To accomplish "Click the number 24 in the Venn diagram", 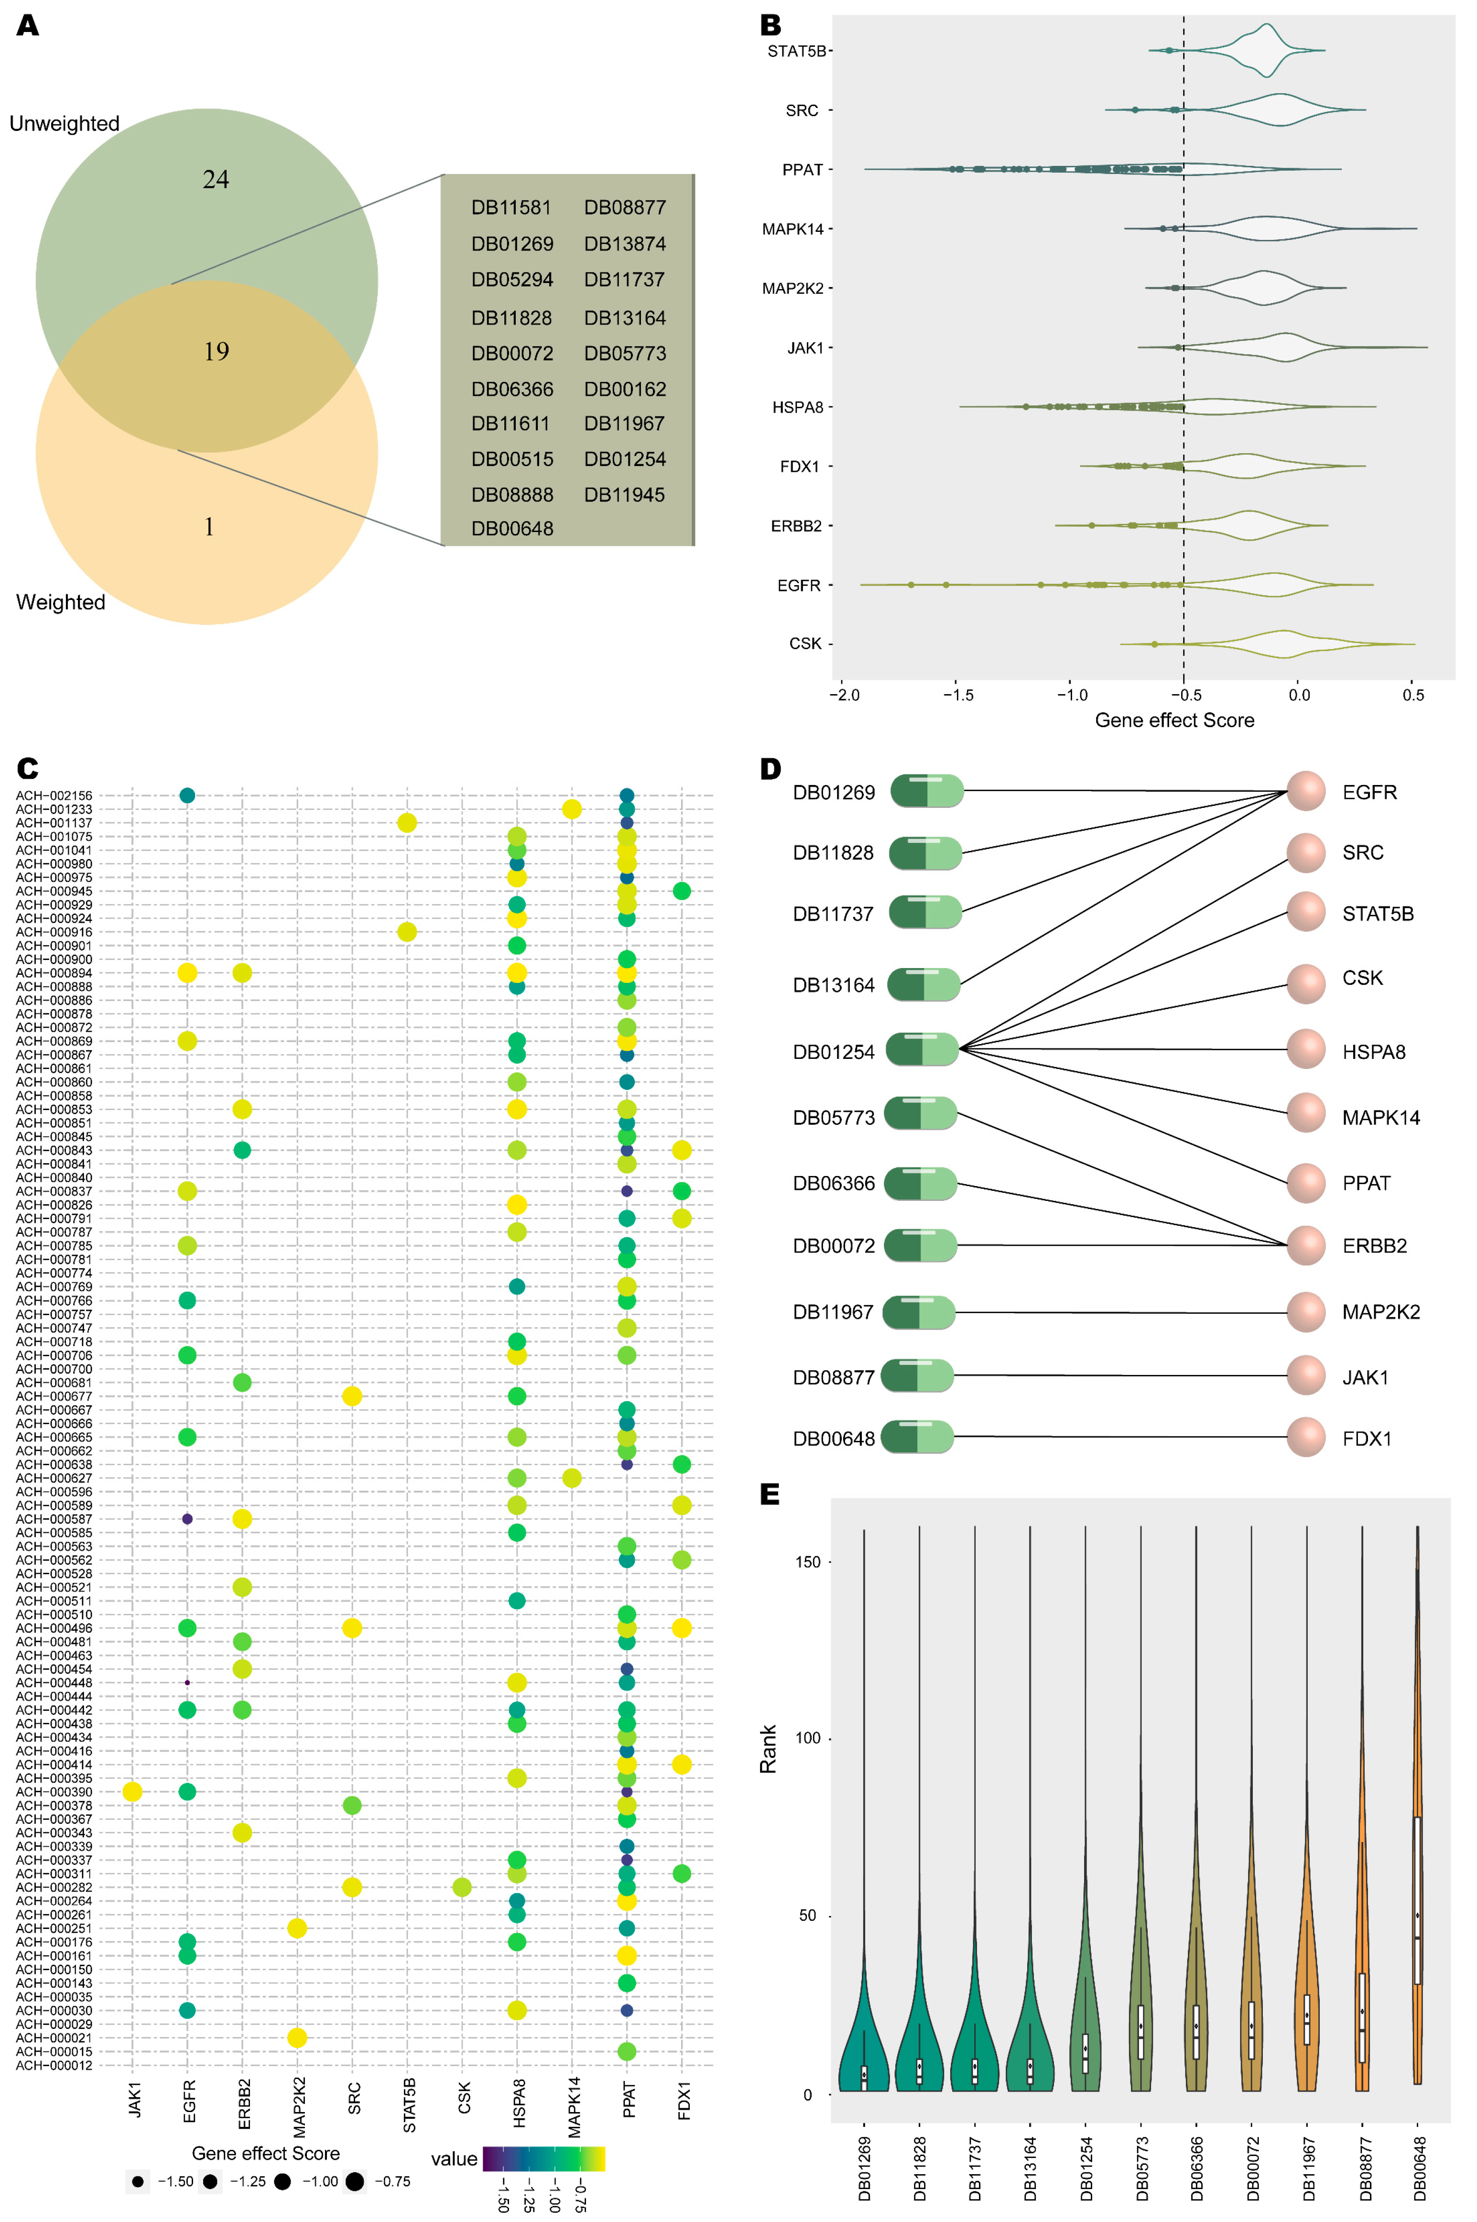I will click(x=216, y=179).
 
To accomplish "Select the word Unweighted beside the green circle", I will click(x=64, y=123).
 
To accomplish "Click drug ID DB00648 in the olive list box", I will click(x=511, y=528).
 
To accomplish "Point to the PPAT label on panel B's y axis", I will click(x=802, y=170).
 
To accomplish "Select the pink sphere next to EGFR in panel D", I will click(x=1305, y=791).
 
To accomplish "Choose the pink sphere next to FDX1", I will click(x=1305, y=1438).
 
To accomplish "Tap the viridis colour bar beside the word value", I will click(x=543, y=2158).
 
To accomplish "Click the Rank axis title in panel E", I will click(x=769, y=1749).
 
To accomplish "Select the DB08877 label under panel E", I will click(x=1365, y=2168).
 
